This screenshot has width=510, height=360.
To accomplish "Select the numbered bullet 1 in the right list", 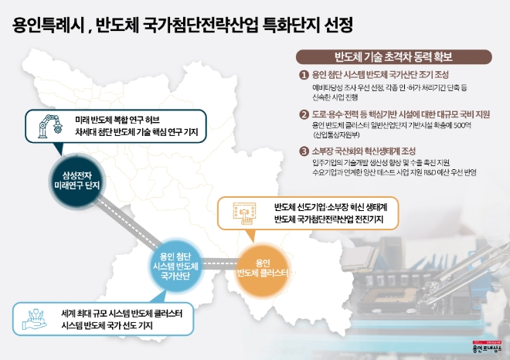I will tap(304, 75).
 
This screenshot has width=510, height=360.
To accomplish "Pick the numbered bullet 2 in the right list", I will tap(304, 114).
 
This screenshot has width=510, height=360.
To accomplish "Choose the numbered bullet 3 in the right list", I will tap(304, 151).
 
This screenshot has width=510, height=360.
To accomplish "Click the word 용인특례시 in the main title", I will tap(47, 25).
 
